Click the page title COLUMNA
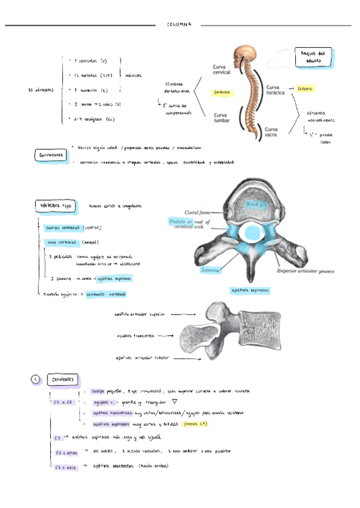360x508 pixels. [179, 25]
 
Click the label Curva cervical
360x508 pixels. [223, 69]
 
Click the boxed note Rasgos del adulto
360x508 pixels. [311, 57]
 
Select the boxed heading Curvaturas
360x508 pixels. [51, 156]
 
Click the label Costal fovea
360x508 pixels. [197, 212]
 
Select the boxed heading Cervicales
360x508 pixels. [62, 380]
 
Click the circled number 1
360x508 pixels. [35, 379]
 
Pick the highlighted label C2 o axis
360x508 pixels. [63, 467]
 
